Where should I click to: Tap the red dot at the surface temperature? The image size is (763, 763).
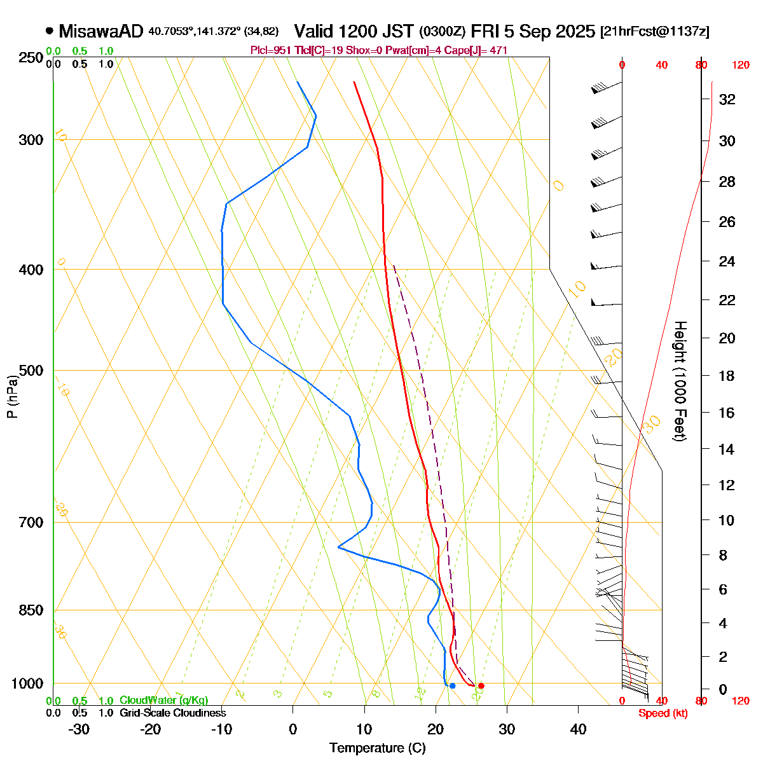481,685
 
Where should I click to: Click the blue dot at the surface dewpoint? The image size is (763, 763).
452,685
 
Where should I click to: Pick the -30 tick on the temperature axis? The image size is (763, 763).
78,729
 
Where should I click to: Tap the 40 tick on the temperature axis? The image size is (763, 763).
578,729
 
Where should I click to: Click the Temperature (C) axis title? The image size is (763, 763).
378,748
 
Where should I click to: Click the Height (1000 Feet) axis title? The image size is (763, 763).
679,381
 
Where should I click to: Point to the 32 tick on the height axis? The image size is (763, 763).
727,100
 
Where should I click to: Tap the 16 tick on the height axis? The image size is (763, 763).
727,413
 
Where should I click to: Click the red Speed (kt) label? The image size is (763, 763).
663,713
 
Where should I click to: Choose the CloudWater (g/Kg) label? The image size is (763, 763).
163,701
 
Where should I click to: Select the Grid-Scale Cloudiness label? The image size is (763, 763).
172,713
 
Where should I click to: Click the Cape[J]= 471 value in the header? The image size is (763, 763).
482,50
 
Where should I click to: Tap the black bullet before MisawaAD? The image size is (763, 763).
50,31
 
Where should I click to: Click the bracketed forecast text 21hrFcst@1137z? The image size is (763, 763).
655,31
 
